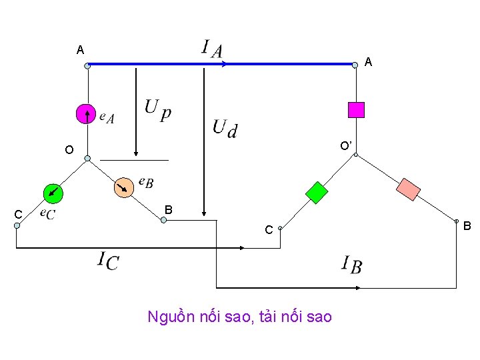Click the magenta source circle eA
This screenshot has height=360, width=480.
tap(87, 114)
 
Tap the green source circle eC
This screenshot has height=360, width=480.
tap(53, 193)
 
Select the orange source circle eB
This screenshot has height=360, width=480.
tap(123, 188)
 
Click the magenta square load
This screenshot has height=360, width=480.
tap(357, 109)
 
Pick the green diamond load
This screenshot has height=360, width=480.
tap(317, 192)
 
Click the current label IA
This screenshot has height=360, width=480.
tap(212, 48)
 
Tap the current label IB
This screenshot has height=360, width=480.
tap(351, 264)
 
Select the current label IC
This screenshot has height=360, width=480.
tap(108, 260)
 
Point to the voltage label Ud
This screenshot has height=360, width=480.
tap(224, 127)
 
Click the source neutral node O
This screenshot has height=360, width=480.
tap(87, 159)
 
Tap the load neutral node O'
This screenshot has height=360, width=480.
tap(356, 155)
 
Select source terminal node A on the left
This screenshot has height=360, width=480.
tap(87, 65)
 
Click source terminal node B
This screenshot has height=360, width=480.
tap(163, 219)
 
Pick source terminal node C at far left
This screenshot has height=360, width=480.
tap(17, 225)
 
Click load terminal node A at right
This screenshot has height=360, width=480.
tap(355, 65)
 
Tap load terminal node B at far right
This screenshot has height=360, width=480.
tap(457, 220)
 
